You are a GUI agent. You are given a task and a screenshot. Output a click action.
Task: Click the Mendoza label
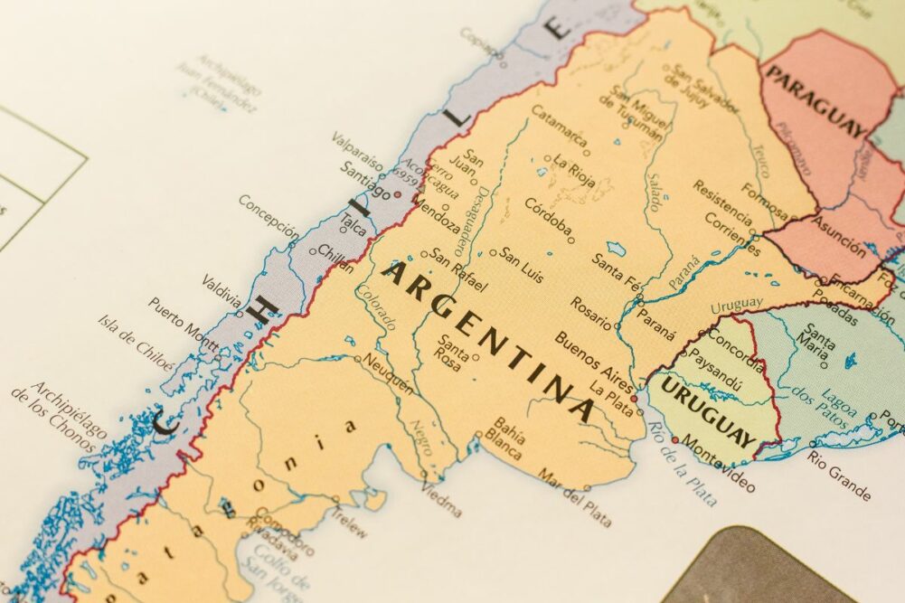tap(438, 216)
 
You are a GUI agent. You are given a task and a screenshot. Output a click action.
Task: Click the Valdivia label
tap(221, 289)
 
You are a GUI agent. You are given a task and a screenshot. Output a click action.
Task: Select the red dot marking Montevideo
tap(674, 440)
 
